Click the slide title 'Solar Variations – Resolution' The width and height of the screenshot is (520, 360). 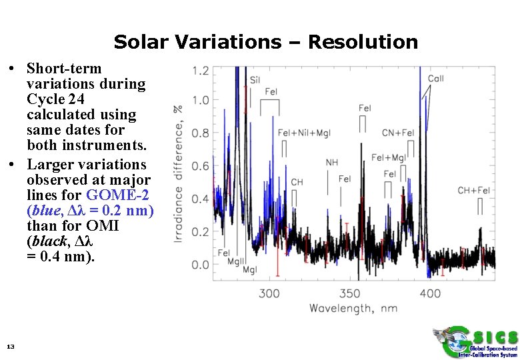tap(265, 42)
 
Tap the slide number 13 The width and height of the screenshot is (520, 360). tap(10, 346)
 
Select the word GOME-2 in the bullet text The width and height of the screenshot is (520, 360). tap(117, 195)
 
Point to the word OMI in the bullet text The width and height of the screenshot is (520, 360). tap(102, 225)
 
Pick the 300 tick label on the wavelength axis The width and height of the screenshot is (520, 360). tap(269, 293)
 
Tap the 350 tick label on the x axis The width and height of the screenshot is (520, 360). tap(350, 293)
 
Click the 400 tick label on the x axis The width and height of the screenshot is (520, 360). tap(430, 293)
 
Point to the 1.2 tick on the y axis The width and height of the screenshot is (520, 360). tap(200, 70)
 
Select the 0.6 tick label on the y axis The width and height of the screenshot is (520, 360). tap(200, 167)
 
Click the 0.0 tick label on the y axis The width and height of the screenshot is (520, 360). tap(200, 265)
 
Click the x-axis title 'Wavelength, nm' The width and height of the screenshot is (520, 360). tap(353, 308)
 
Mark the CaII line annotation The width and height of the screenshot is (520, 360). tap(435, 79)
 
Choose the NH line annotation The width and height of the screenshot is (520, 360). tap(331, 162)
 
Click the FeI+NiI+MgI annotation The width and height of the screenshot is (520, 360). tap(303, 133)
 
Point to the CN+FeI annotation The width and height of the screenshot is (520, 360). tap(398, 133)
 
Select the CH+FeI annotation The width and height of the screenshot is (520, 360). tap(473, 191)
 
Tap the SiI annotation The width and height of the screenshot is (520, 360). tap(255, 81)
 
